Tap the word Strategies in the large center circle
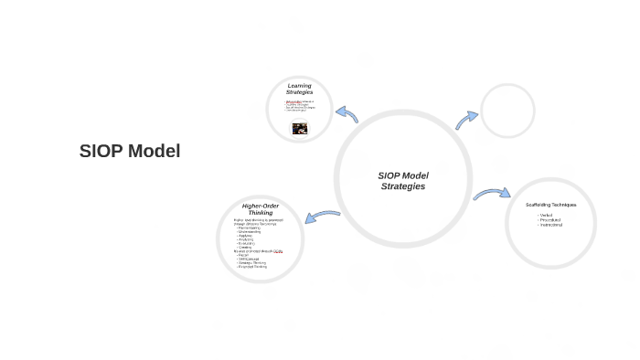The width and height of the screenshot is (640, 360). click(x=403, y=186)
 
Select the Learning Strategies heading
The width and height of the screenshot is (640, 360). click(x=299, y=89)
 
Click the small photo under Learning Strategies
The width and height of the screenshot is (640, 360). click(x=299, y=129)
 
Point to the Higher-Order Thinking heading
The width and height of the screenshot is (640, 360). click(x=260, y=209)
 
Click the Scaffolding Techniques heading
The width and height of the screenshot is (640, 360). click(x=550, y=205)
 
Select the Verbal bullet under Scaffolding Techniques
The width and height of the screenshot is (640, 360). click(x=546, y=215)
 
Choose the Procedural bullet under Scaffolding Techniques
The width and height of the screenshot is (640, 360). click(x=549, y=219)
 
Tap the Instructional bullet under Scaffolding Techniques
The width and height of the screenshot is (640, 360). click(x=550, y=224)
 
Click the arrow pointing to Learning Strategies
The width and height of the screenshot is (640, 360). click(x=347, y=114)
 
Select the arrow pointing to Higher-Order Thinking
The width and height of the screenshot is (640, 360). click(x=322, y=217)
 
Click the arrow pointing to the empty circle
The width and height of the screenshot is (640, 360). click(x=466, y=120)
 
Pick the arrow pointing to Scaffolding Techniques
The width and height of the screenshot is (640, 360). click(x=492, y=194)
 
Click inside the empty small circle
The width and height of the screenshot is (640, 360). click(x=507, y=111)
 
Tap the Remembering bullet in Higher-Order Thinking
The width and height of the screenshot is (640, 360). click(x=248, y=227)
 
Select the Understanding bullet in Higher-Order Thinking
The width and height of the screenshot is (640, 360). click(x=250, y=231)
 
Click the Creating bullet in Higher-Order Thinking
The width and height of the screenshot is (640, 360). click(x=245, y=248)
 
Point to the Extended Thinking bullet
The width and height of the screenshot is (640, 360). click(x=252, y=267)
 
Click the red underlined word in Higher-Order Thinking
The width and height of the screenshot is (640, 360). click(x=278, y=251)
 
